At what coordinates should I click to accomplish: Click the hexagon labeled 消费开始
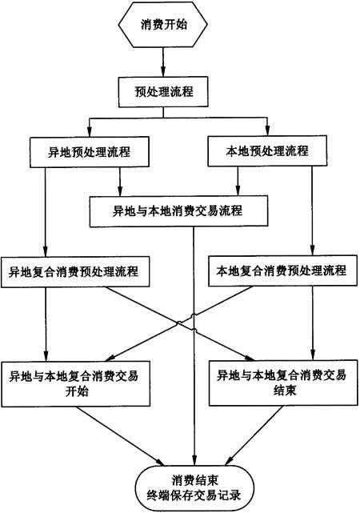(x=163, y=25)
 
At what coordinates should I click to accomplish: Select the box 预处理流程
(x=163, y=92)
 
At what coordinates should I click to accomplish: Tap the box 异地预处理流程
(x=90, y=152)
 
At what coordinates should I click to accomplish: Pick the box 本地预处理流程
(x=267, y=150)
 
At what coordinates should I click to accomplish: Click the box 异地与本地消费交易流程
(x=179, y=211)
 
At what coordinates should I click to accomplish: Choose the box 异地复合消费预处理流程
(x=75, y=272)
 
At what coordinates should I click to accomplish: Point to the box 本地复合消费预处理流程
(x=283, y=271)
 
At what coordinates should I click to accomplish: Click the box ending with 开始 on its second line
(x=75, y=384)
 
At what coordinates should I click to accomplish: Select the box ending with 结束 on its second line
(x=283, y=383)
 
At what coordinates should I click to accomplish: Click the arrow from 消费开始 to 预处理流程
(x=163, y=62)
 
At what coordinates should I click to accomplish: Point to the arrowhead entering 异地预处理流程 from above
(x=90, y=132)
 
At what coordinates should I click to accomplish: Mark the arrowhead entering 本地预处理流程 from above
(x=267, y=130)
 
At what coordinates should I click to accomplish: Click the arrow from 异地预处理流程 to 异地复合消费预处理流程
(x=46, y=212)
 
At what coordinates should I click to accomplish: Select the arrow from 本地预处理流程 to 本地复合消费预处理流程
(x=312, y=211)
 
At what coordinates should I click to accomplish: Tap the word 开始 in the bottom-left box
(x=77, y=391)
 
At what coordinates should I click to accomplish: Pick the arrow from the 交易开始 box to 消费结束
(x=120, y=436)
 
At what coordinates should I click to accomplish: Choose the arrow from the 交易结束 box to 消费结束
(x=254, y=435)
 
